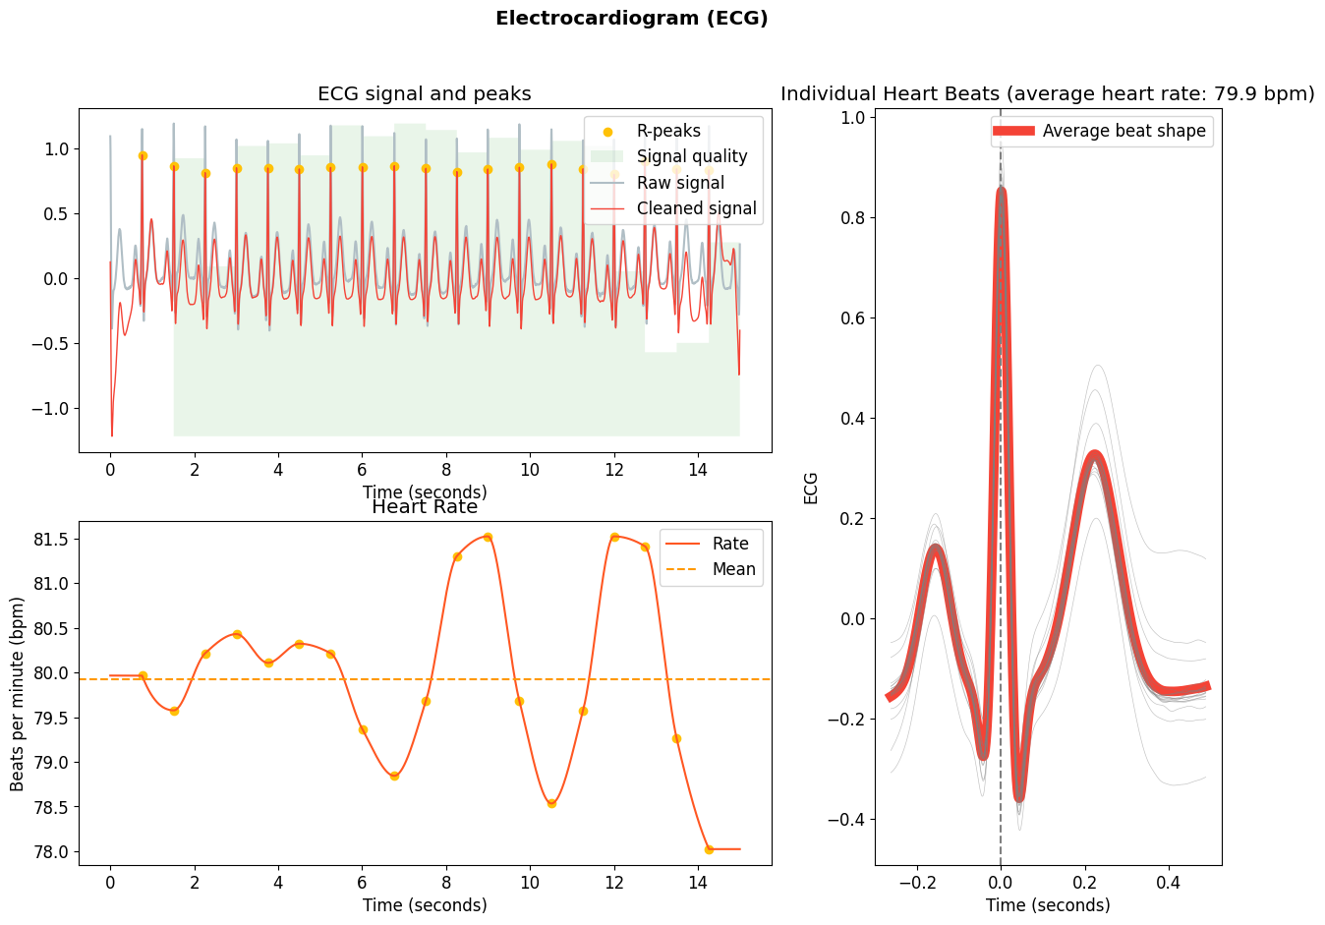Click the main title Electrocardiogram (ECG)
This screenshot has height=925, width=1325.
tap(631, 18)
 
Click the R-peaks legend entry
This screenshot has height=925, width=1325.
tap(668, 131)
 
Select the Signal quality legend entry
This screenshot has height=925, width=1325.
tap(691, 156)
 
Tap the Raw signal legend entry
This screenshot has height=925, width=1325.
tap(680, 183)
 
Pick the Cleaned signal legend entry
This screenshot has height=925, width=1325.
tap(696, 208)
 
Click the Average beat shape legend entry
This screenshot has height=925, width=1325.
tap(1123, 131)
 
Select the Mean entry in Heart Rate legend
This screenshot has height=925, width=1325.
tap(733, 569)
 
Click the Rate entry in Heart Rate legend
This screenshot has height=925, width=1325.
tap(730, 544)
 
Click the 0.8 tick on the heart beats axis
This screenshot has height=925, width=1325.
tap(852, 217)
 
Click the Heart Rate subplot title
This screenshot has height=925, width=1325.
tap(425, 507)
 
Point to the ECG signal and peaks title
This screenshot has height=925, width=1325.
tap(424, 93)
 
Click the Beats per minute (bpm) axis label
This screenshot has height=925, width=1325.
tap(18, 693)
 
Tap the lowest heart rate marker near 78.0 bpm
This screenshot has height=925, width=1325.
tap(709, 849)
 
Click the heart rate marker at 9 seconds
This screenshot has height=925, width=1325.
tap(488, 537)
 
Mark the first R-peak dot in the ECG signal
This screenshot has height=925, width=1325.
tap(143, 155)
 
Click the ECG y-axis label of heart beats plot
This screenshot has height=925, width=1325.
tap(811, 488)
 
